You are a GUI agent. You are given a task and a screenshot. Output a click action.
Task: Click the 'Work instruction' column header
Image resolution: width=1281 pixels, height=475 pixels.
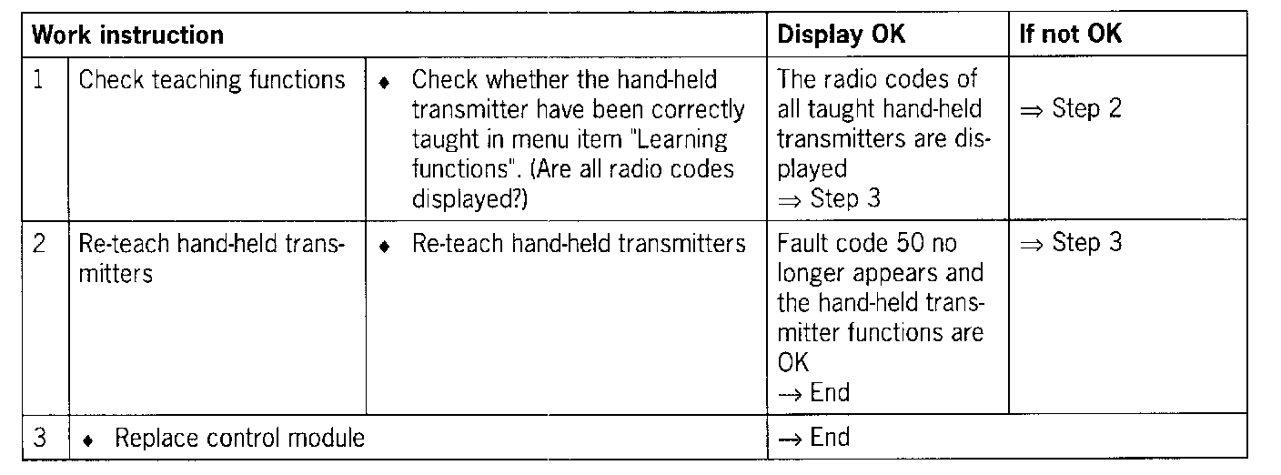coord(127,35)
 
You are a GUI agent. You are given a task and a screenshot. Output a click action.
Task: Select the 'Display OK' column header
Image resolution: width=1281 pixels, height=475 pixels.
coord(842,35)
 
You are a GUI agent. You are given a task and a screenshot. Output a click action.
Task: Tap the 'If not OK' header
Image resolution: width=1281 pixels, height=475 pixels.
coord(1070,35)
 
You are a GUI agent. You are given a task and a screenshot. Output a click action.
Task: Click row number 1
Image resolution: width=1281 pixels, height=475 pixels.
coord(39,80)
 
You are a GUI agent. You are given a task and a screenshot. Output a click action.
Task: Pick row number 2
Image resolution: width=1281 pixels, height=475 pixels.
coord(39,245)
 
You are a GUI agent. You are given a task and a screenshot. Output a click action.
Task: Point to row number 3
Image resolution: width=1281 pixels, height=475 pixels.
coord(39,438)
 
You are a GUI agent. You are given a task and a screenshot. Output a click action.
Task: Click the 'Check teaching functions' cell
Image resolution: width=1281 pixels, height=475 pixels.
coord(212,80)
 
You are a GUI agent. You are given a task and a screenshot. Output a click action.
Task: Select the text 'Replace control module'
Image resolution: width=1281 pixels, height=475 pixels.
coord(239,439)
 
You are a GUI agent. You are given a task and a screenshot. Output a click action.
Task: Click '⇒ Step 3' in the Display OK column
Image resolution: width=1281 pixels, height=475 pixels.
coord(829,199)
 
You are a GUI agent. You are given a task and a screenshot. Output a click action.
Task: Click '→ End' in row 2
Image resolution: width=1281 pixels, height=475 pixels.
coord(813,393)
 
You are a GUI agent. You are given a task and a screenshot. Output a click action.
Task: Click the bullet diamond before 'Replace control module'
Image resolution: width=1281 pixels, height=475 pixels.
coord(87,440)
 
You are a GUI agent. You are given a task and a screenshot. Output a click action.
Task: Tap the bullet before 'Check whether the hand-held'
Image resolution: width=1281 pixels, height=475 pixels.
coord(385,82)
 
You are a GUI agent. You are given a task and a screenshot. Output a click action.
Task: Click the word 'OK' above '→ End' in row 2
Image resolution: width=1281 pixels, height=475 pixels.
coord(793,363)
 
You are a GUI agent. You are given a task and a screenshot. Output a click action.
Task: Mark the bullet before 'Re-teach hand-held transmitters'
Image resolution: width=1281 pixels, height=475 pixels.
coord(385,246)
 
